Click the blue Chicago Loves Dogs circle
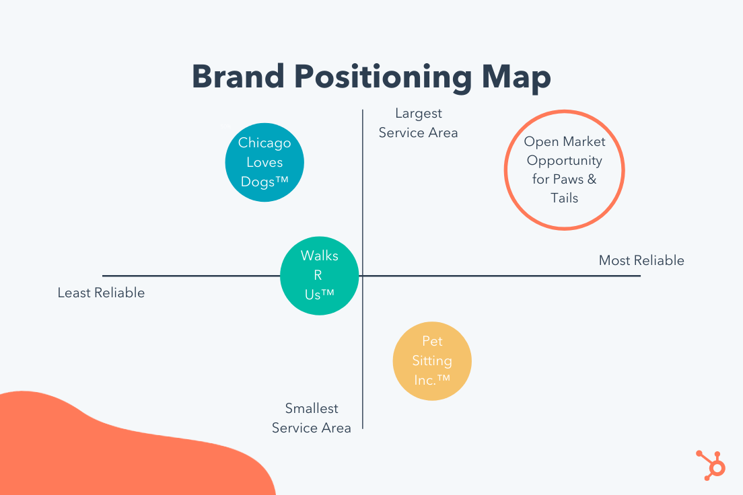264,161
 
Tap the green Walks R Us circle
319,275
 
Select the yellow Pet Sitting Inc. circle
432,361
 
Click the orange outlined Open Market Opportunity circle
565,169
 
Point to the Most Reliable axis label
641,260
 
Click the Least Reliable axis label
101,293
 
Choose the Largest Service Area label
418,123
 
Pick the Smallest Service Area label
312,418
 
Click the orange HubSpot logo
710,463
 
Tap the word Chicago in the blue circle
264,143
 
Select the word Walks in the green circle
319,256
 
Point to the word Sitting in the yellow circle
432,360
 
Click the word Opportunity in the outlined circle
565,161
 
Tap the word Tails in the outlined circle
565,198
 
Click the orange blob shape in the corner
101,451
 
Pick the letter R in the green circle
318,275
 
